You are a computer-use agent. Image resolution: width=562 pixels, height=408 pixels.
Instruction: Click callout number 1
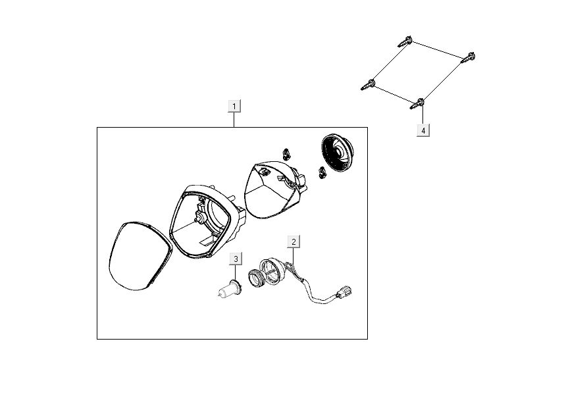coord(234,106)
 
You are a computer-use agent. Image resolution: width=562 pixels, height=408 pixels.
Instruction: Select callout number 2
coord(294,242)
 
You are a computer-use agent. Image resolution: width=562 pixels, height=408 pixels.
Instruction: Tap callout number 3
coord(236,259)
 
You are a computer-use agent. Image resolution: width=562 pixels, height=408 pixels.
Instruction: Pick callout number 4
coord(423,130)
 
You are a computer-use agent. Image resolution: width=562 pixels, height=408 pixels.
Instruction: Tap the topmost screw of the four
coord(405,41)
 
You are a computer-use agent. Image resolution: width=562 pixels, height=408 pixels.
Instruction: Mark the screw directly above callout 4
coord(418,104)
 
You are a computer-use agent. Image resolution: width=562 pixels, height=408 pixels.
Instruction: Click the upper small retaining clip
coord(286,153)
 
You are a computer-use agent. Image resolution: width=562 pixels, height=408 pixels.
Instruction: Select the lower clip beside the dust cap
coord(322,172)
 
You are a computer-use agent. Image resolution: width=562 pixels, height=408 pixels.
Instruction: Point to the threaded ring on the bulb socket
coord(257,278)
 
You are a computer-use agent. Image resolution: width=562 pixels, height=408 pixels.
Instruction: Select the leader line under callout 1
coord(234,120)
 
